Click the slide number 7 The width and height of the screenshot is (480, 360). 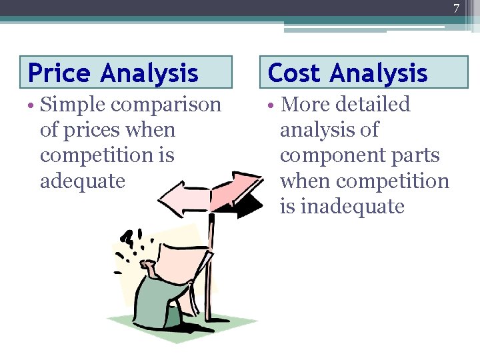(x=457, y=9)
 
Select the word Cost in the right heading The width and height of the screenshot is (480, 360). (x=294, y=72)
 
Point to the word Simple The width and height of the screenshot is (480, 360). (x=72, y=105)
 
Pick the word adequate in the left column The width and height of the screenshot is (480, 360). (x=83, y=181)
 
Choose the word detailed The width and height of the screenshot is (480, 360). (x=373, y=105)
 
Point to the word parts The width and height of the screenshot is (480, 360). (x=416, y=155)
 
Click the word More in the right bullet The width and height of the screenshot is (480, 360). (x=303, y=105)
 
